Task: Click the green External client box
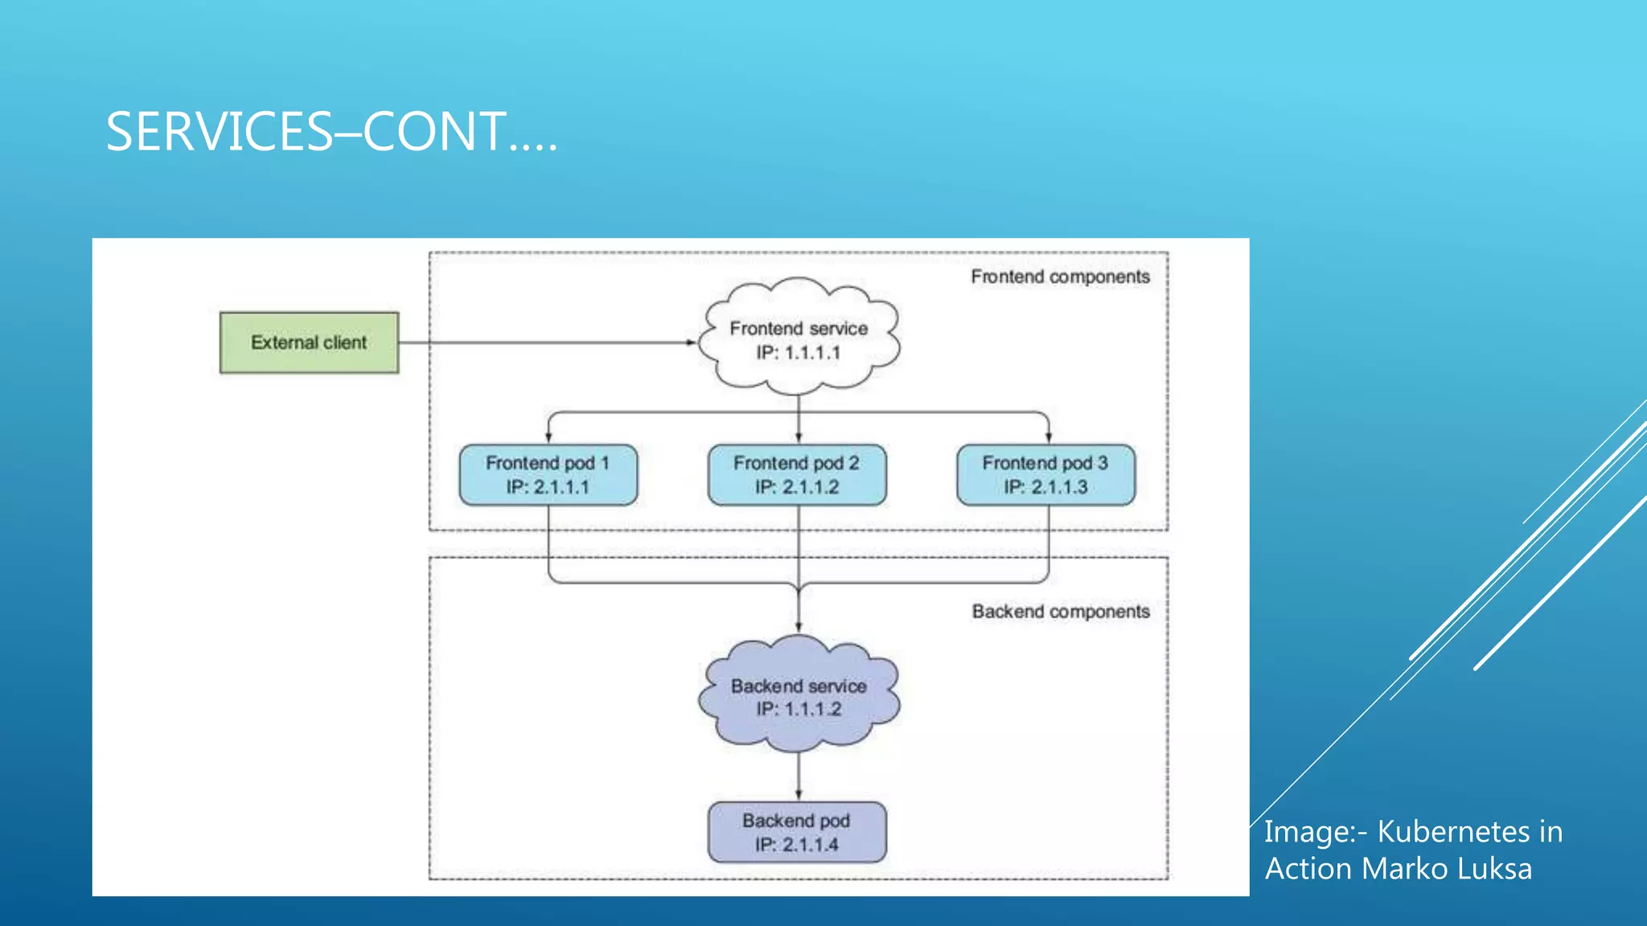(309, 342)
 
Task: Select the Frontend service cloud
(799, 338)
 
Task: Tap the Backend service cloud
(799, 695)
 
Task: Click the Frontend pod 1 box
(548, 475)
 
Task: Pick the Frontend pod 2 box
(797, 475)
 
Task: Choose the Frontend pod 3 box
(1045, 475)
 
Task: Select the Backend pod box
(797, 833)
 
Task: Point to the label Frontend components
(1060, 277)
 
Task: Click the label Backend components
(1061, 612)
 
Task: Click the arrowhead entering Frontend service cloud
(692, 342)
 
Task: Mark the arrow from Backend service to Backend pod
(799, 776)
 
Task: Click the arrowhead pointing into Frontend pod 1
(548, 437)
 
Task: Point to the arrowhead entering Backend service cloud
(799, 626)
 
